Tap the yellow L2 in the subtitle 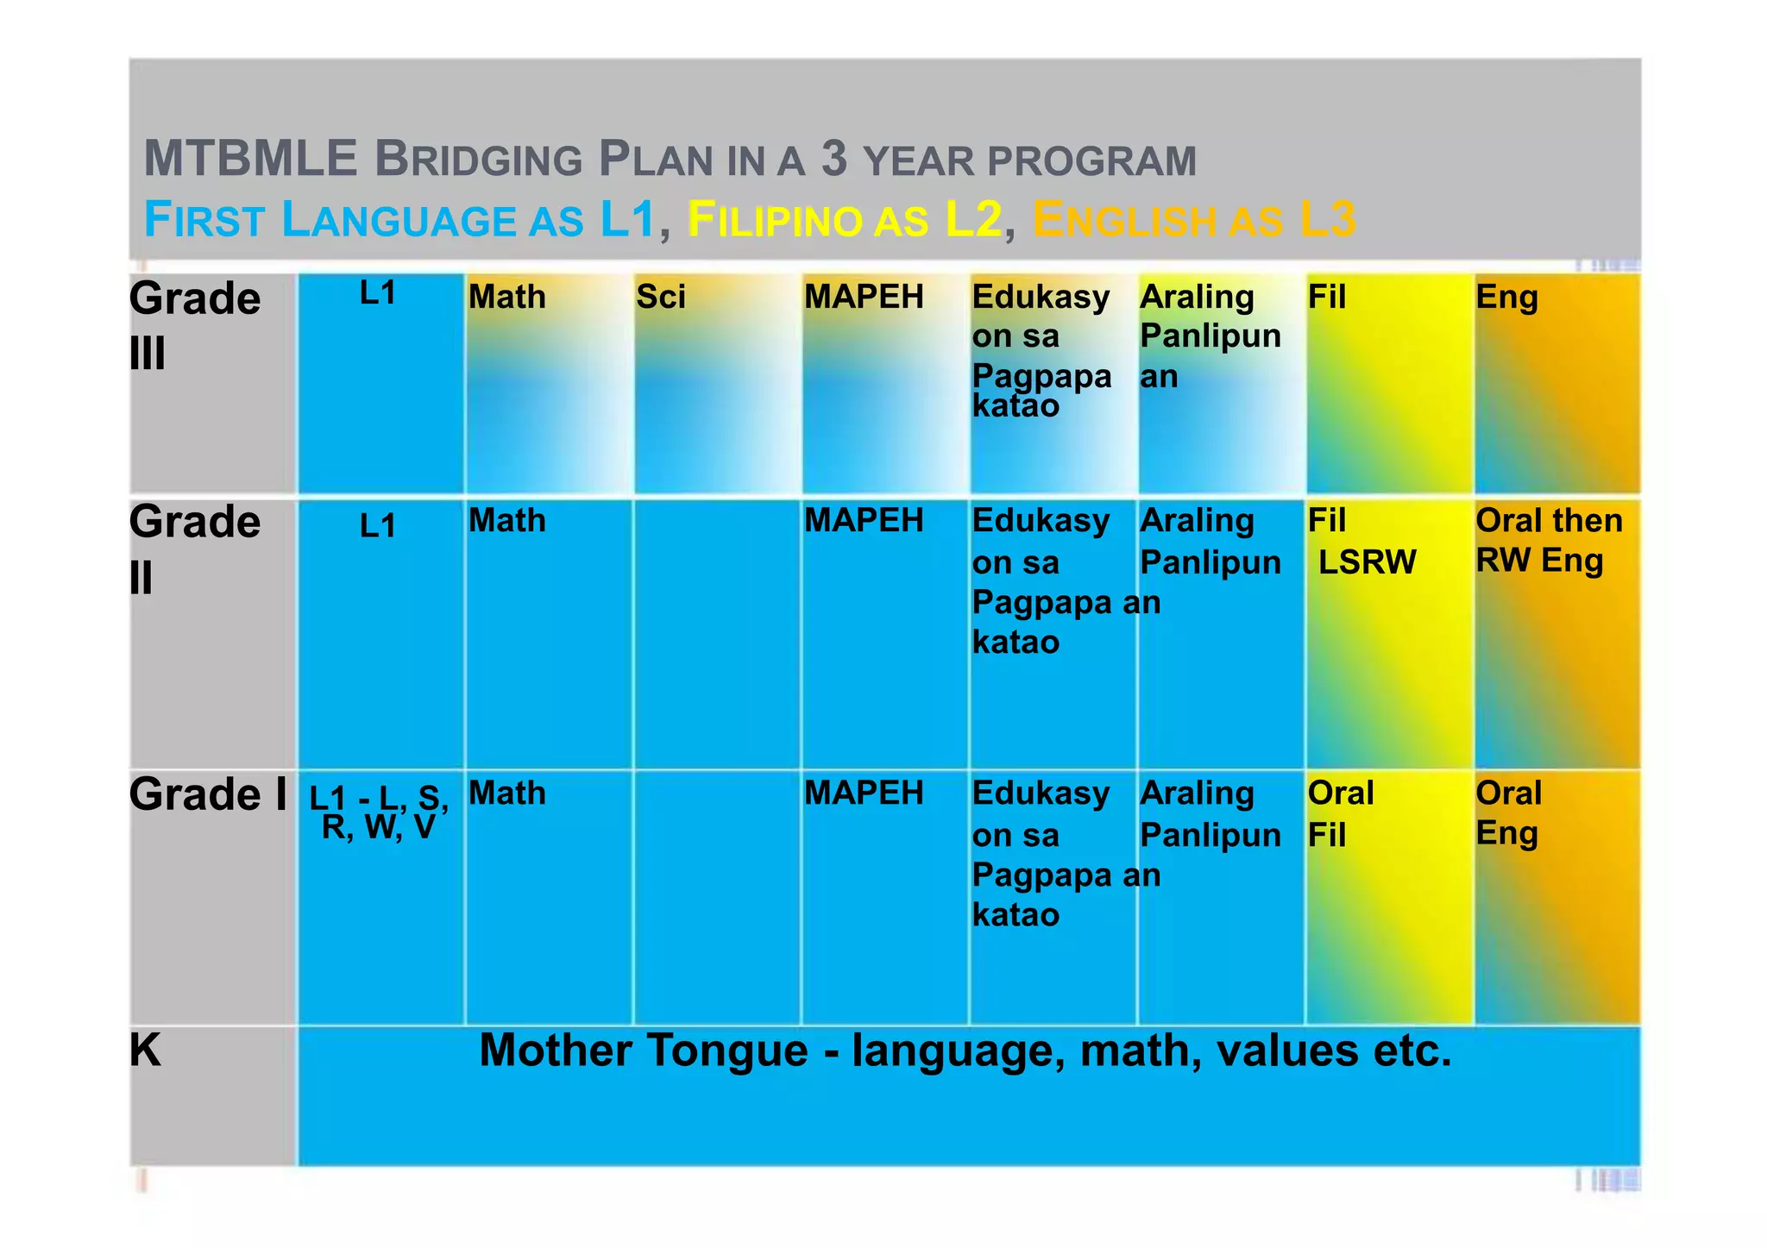pos(973,219)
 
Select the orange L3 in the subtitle pos(1327,219)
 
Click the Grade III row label pos(195,324)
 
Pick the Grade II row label pos(195,549)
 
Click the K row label pos(145,1050)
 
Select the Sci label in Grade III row pos(661,297)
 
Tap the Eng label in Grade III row pos(1506,298)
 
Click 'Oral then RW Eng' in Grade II pos(1548,540)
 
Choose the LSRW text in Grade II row pos(1367,562)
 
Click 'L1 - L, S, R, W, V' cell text pos(379,812)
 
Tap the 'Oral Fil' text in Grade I pos(1340,813)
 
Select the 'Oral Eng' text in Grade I pos(1508,812)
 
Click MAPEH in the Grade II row pos(864,520)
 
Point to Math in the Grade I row pos(507,793)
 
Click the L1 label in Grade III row pos(378,293)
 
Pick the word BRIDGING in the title pos(479,160)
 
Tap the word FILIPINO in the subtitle pos(774,220)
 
